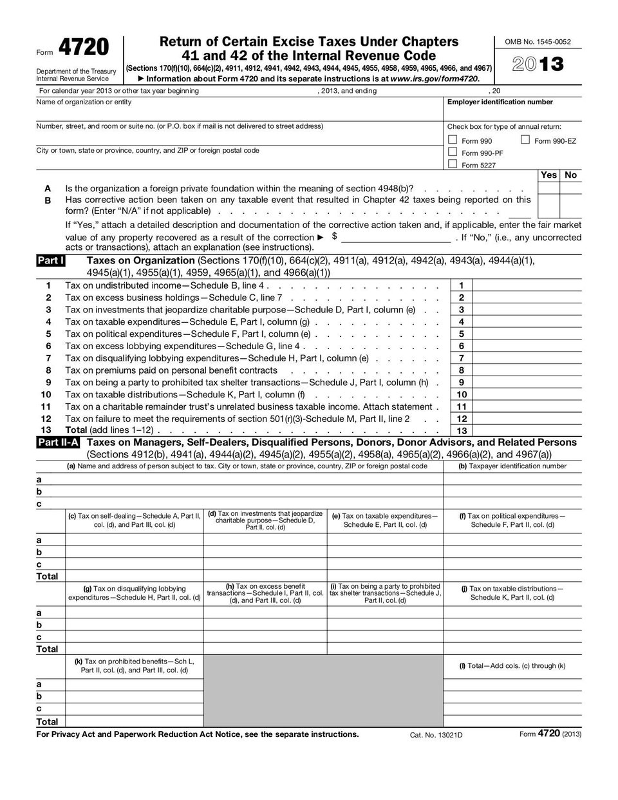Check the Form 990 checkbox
click(453, 140)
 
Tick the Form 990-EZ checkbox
click(525, 140)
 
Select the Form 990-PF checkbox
click(453, 152)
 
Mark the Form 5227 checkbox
click(453, 164)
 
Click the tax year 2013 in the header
click(538, 64)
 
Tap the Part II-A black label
click(58, 443)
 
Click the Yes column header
click(548, 175)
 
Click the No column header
click(570, 175)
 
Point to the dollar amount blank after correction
click(395, 238)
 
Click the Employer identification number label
click(500, 102)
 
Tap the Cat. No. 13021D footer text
click(436, 734)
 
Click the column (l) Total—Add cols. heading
click(512, 665)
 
